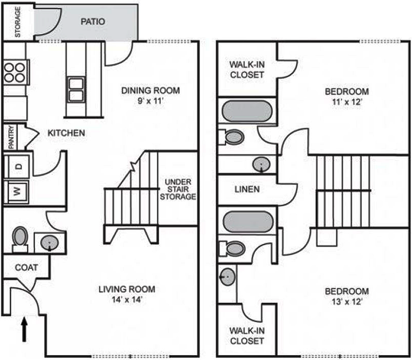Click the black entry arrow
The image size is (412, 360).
click(x=24, y=329)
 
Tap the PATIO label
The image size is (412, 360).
click(x=93, y=21)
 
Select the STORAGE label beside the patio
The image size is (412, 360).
click(x=18, y=22)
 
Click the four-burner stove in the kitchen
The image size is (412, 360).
click(x=15, y=72)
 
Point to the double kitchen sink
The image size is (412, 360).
click(x=76, y=90)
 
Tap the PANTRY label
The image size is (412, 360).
click(x=11, y=137)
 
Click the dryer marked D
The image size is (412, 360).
click(x=18, y=166)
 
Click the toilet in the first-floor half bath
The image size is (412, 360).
click(x=20, y=239)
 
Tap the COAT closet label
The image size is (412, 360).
click(x=26, y=268)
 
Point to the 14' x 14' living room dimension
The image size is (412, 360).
click(x=127, y=299)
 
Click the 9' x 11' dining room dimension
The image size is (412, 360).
click(x=150, y=101)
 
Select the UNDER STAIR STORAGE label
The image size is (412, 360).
click(x=178, y=189)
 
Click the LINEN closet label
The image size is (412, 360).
click(x=247, y=189)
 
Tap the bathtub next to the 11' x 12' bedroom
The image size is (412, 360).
click(x=247, y=111)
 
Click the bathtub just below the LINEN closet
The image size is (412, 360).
click(x=248, y=221)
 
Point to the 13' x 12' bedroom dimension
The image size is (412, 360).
click(x=347, y=301)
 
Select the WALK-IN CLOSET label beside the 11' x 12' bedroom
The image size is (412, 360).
click(x=247, y=70)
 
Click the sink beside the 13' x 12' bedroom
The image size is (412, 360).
click(x=227, y=276)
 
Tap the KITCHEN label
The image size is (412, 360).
click(x=66, y=133)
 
